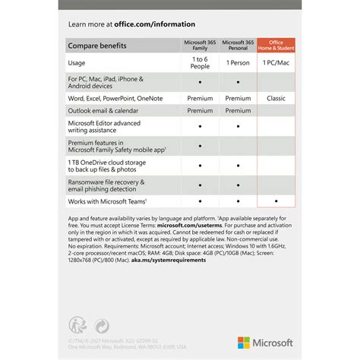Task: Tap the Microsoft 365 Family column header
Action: pyautogui.click(x=199, y=46)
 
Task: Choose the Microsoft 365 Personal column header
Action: pyautogui.click(x=238, y=46)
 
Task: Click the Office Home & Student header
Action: pyautogui.click(x=276, y=46)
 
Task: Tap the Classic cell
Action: pyautogui.click(x=276, y=98)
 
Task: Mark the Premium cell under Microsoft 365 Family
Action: pyautogui.click(x=199, y=98)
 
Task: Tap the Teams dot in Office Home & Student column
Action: pyautogui.click(x=276, y=201)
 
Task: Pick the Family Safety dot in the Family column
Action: pyautogui.click(x=199, y=146)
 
